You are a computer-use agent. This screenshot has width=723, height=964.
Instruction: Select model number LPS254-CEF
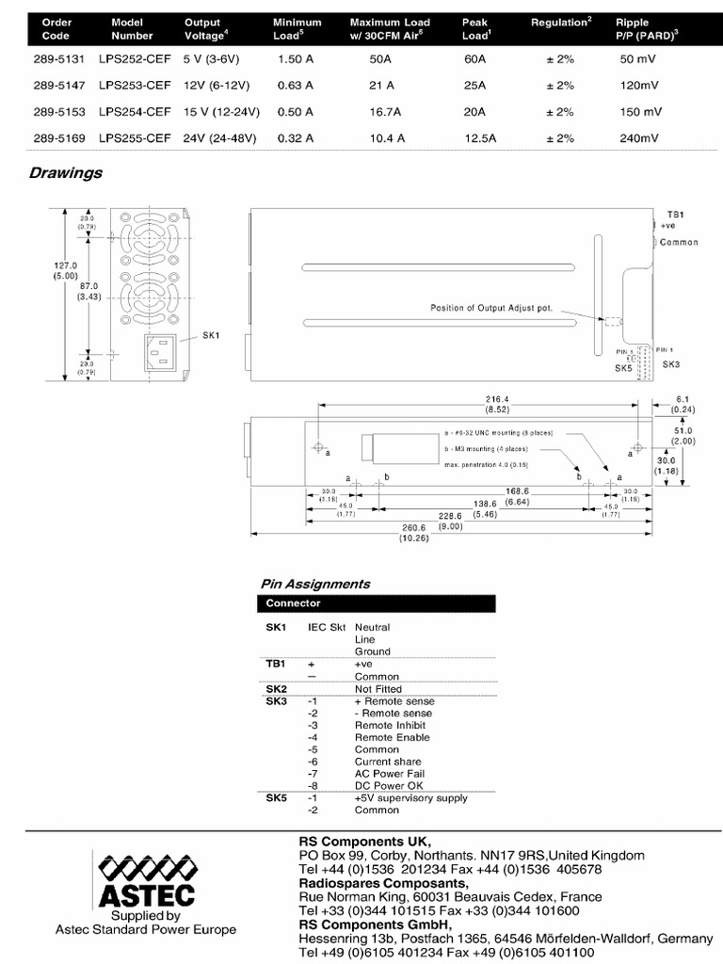tap(135, 112)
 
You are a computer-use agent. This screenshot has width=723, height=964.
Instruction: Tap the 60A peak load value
tap(474, 58)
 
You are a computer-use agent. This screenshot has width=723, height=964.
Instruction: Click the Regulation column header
tap(561, 22)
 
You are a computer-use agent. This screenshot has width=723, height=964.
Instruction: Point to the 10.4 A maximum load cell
tap(388, 138)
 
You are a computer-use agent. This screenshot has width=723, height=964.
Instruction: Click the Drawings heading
tap(65, 173)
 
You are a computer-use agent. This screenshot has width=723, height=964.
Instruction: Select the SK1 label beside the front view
tap(210, 334)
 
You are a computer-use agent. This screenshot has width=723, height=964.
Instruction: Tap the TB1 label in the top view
tap(675, 215)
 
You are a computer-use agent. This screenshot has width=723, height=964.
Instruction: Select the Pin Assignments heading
tap(314, 584)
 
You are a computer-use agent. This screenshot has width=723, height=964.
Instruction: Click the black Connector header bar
tap(376, 603)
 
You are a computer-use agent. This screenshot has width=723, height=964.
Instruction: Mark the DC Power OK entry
tap(389, 786)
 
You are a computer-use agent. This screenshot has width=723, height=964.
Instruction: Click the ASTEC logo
tap(146, 881)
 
